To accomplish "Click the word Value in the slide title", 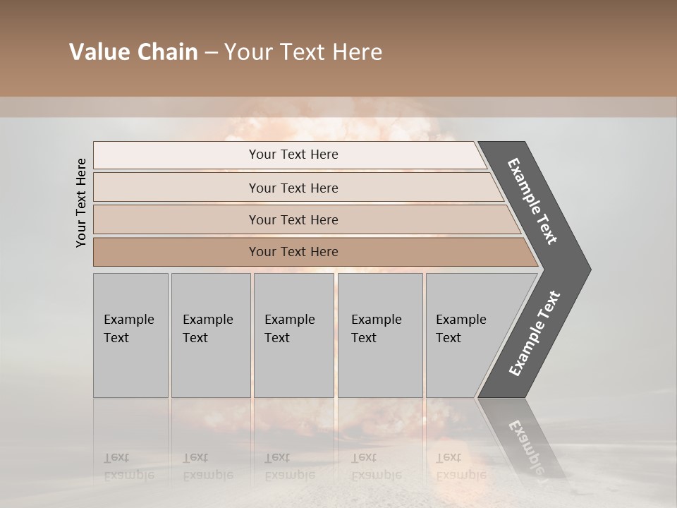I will [99, 52].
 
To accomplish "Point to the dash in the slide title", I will [211, 53].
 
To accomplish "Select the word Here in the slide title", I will [358, 52].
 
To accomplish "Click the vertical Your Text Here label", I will [81, 202].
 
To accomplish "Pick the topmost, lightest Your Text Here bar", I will [293, 155].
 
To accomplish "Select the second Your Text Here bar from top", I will [293, 188].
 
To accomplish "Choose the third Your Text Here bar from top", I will [293, 219].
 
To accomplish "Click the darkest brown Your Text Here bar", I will [293, 252].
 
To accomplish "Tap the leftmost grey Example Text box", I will [130, 335].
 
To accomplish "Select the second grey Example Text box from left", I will [210, 335].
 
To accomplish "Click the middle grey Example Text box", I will [293, 335].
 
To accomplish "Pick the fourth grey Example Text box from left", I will [379, 335].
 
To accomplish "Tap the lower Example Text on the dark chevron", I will [535, 333].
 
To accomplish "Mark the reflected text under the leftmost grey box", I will [128, 466].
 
